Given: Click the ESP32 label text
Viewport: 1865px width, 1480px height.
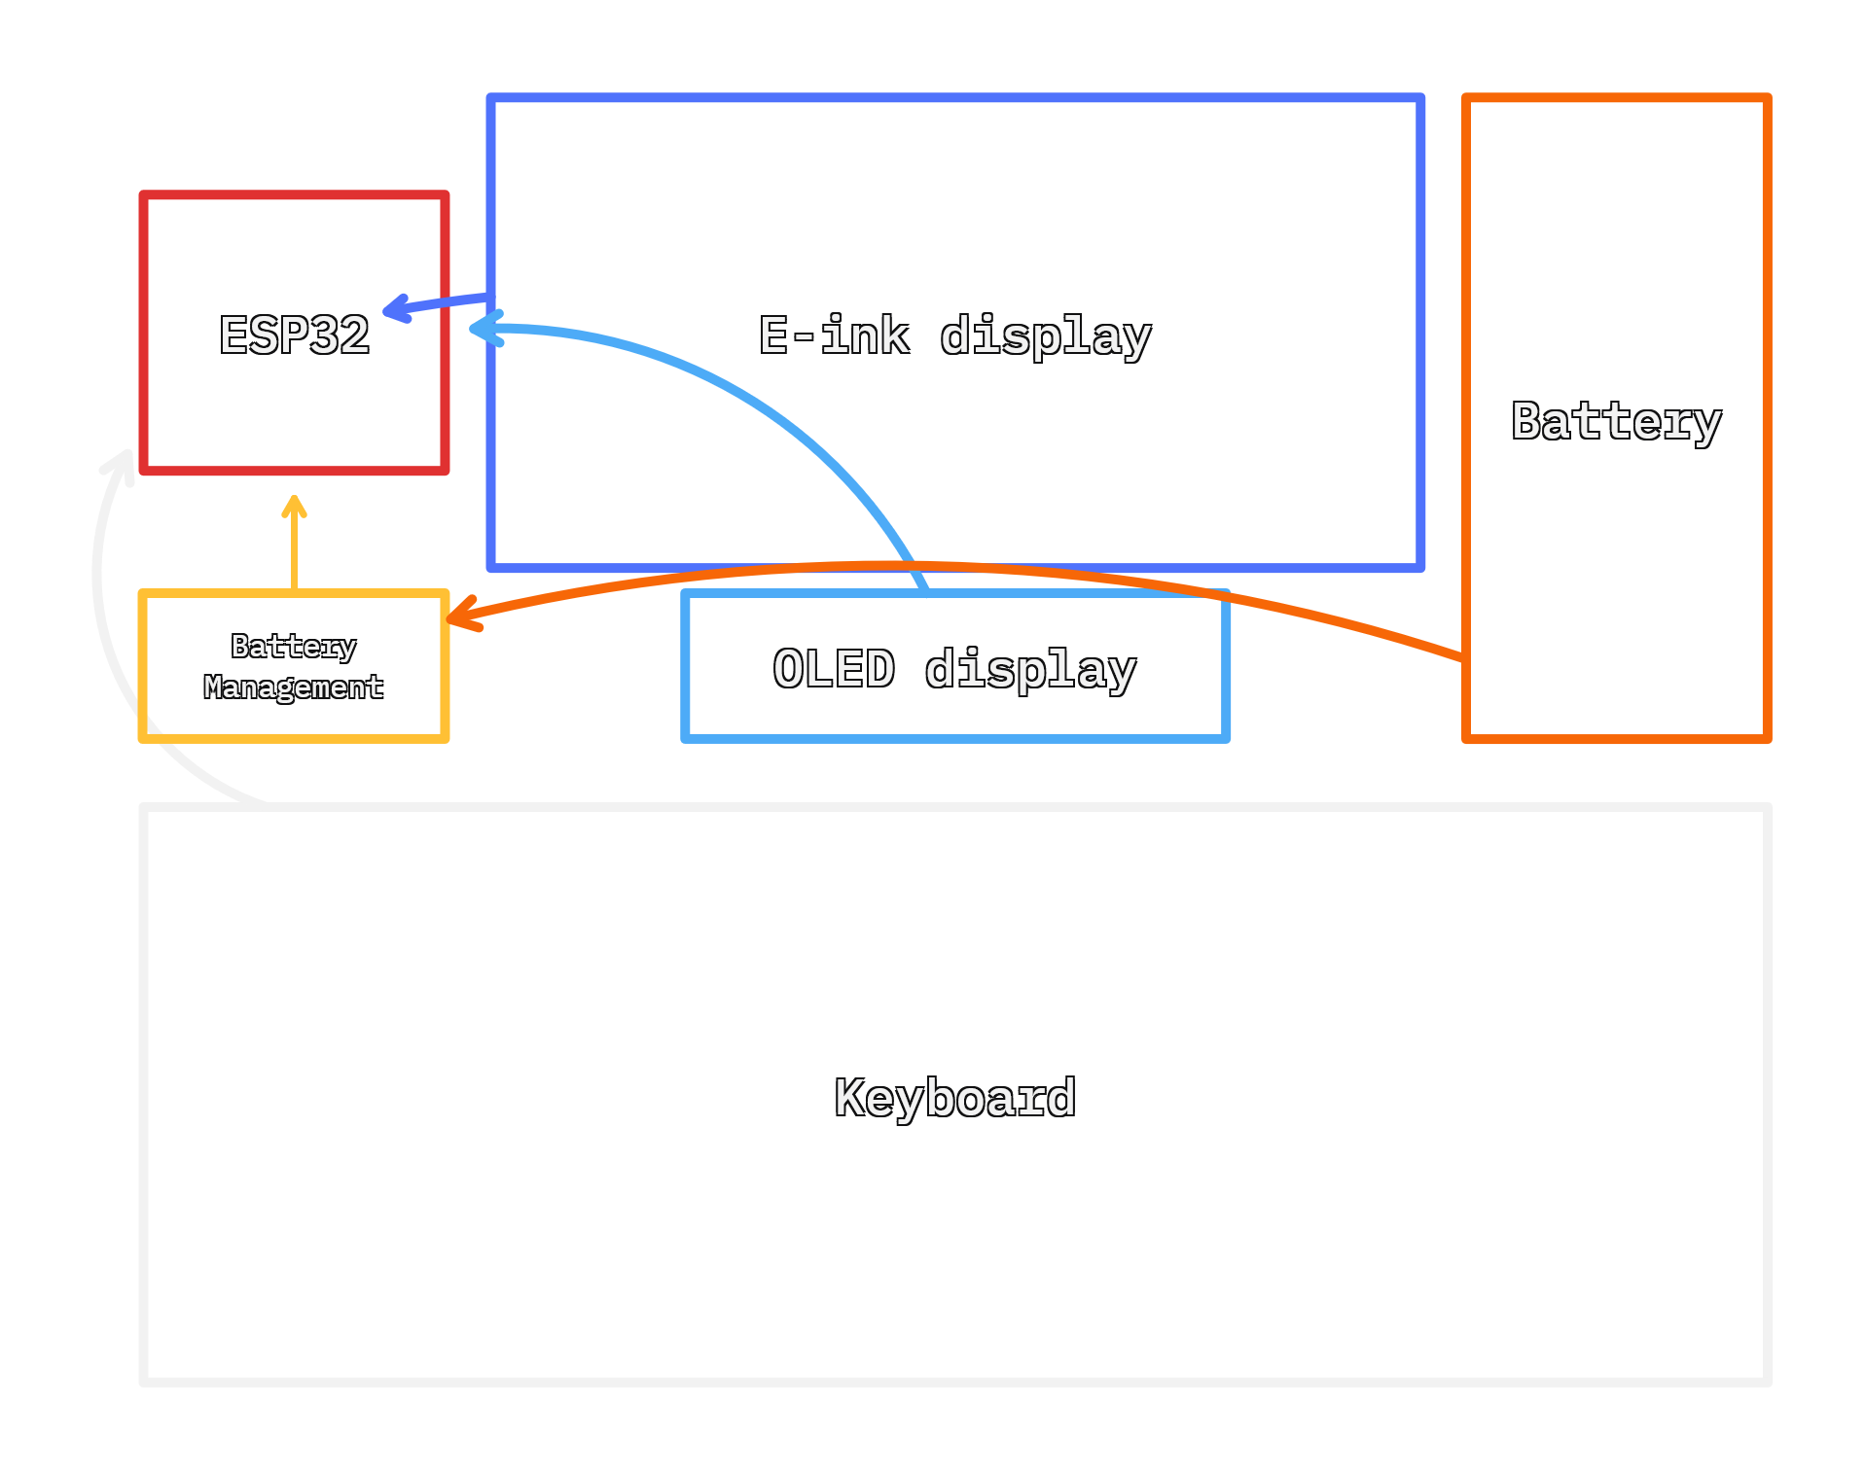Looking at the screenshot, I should tap(294, 335).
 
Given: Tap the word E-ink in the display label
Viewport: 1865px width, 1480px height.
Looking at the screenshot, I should tap(834, 335).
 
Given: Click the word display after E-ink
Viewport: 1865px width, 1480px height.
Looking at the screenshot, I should tap(1046, 335).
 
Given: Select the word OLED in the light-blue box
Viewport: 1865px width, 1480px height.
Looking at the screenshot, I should tap(834, 669).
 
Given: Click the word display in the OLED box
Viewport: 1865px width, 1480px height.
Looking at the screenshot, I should tap(1030, 669).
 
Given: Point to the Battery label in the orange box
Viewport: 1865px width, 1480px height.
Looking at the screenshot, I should tap(1616, 421).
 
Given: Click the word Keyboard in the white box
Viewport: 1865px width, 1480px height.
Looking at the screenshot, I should tap(955, 1098).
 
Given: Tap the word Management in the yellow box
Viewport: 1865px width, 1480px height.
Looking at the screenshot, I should tap(293, 687).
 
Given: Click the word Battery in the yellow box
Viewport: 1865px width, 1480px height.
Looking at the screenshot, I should tap(293, 646).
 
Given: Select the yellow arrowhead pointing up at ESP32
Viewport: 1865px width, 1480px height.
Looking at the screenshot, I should tap(294, 507).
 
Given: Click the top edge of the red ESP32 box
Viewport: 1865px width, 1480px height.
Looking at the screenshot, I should tap(294, 195).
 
